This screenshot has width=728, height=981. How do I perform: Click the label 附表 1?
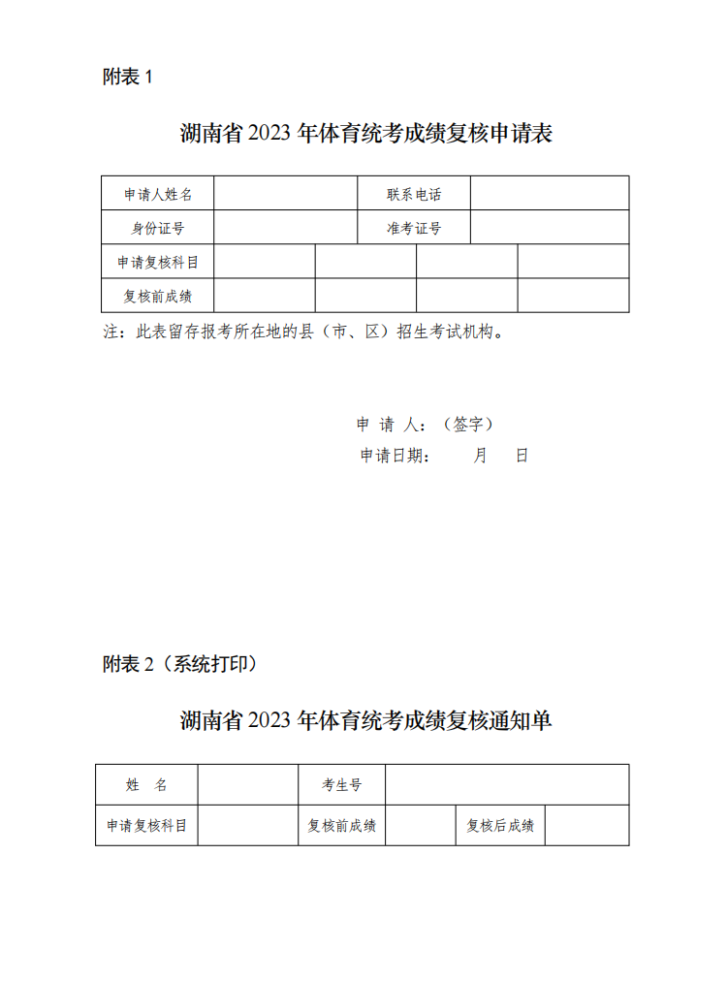[x=128, y=78]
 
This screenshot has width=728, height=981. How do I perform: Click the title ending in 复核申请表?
[x=365, y=134]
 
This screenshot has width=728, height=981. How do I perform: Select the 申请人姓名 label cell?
[x=158, y=194]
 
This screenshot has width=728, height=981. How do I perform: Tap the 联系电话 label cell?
[x=414, y=194]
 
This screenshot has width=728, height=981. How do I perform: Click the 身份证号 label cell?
[x=158, y=228]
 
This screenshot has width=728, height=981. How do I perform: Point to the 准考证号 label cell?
[x=414, y=228]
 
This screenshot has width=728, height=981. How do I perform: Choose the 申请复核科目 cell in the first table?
[x=158, y=262]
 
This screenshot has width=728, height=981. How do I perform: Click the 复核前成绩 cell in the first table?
[x=158, y=296]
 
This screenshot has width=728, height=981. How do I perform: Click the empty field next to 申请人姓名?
[x=286, y=194]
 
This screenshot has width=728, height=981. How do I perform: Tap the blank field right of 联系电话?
[x=550, y=194]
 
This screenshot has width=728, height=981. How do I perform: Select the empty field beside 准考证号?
[x=550, y=228]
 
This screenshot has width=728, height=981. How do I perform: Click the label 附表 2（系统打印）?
[x=179, y=664]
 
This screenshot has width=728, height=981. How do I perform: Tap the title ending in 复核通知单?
[x=365, y=720]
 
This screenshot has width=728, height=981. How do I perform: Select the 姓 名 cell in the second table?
[x=147, y=785]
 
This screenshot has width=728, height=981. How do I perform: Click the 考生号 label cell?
[x=341, y=785]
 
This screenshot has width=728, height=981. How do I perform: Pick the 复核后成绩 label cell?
[x=499, y=826]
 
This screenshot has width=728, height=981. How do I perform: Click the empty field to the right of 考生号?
[x=507, y=785]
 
